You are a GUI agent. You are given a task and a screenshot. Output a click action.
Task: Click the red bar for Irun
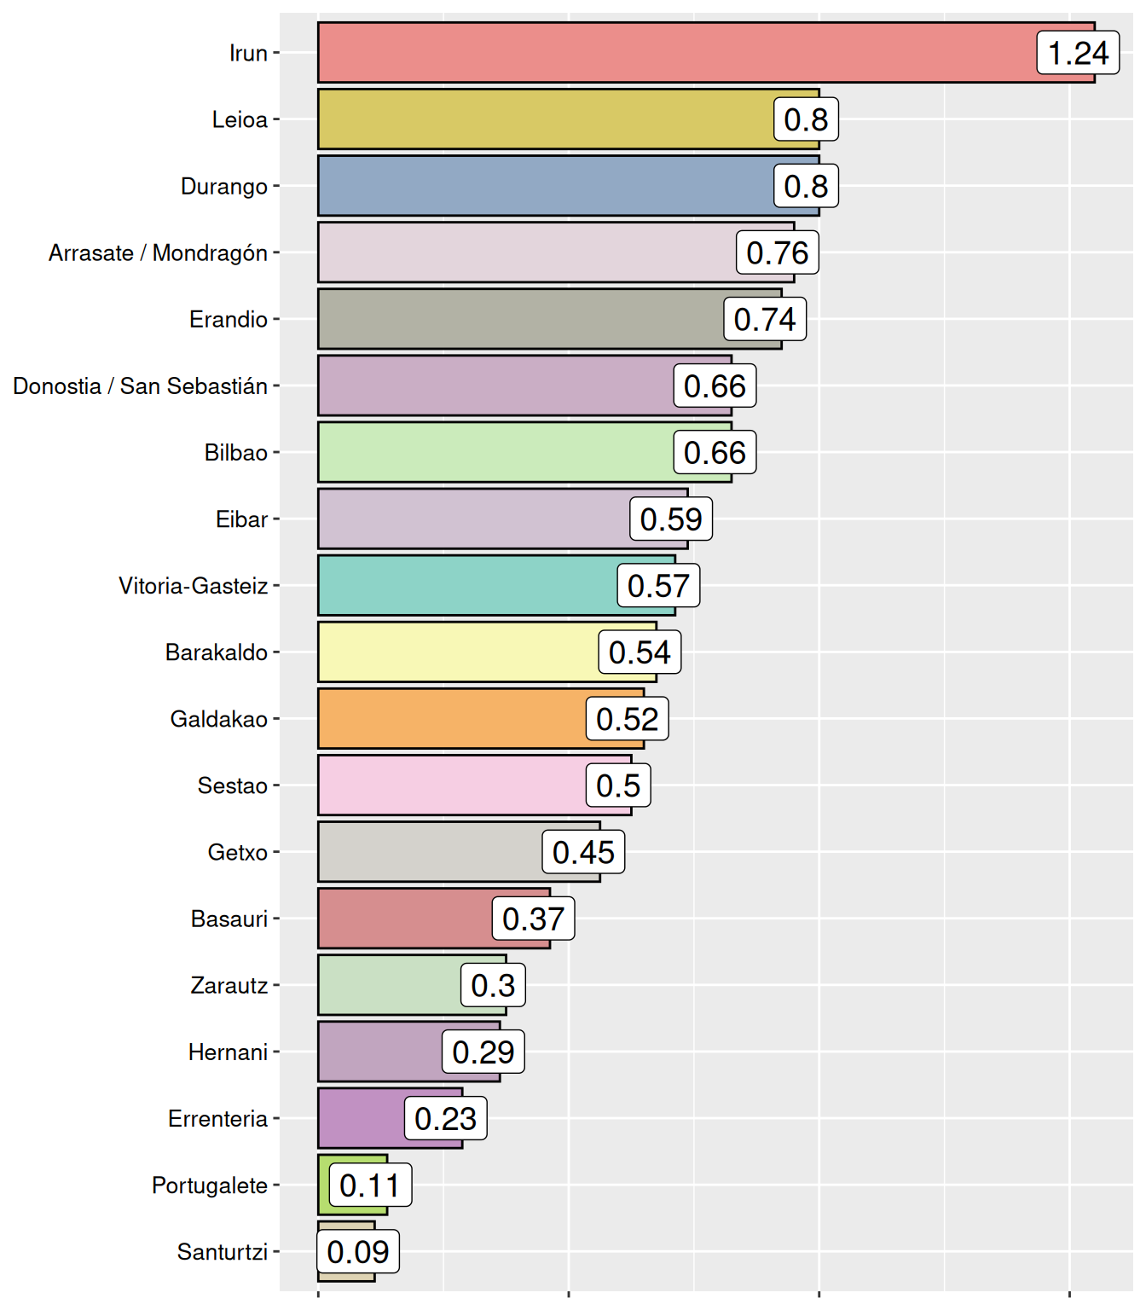[x=674, y=53]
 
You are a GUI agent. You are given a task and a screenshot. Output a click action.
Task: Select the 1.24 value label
[x=1078, y=53]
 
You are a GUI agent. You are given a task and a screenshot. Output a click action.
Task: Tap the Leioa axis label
[x=240, y=119]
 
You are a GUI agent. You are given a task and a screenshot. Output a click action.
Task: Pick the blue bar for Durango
[x=546, y=186]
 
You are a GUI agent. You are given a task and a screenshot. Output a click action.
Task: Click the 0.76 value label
[x=778, y=252]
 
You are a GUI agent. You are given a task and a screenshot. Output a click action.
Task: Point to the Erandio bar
[x=520, y=319]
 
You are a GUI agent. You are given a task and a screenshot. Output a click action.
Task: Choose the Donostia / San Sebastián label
[x=141, y=386]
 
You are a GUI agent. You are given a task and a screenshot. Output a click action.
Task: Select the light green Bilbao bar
[x=495, y=452]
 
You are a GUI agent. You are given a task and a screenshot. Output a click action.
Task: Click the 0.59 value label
[x=671, y=519]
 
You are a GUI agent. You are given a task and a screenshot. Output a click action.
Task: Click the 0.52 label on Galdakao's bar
[x=627, y=719]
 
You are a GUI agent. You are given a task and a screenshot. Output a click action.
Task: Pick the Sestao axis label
[x=232, y=785]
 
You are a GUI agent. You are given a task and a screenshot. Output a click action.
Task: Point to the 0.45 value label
[x=583, y=852]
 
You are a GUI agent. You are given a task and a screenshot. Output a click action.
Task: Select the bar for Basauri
[x=405, y=919]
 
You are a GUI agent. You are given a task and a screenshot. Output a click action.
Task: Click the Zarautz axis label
[x=229, y=986]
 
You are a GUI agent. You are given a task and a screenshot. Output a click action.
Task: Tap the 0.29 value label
[x=483, y=1052]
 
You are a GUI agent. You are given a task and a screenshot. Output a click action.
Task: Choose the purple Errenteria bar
[x=362, y=1118]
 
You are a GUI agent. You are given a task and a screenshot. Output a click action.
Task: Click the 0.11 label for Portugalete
[x=370, y=1185]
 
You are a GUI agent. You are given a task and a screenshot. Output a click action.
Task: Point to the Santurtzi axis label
[x=223, y=1252]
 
